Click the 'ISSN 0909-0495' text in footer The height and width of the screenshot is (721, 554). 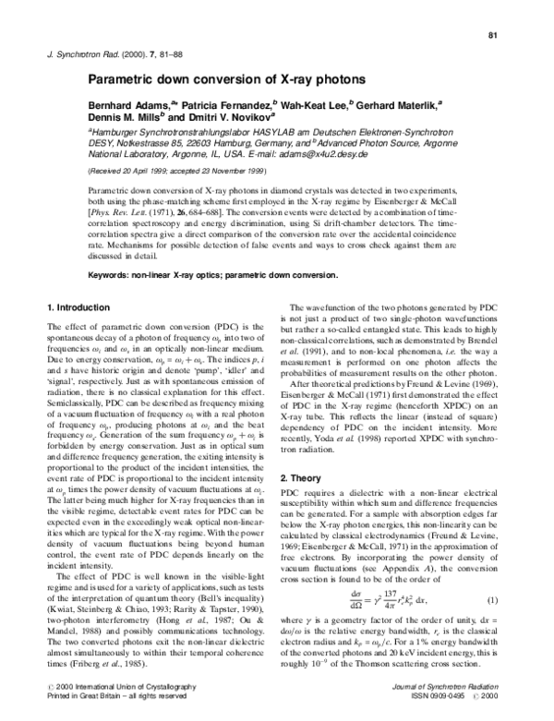point(442,711)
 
